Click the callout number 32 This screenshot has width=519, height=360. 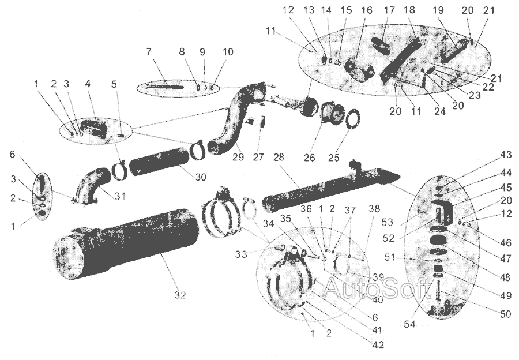tap(180, 295)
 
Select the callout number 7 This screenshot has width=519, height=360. tap(149, 52)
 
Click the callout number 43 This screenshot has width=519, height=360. tap(506, 155)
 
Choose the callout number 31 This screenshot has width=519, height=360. tap(119, 196)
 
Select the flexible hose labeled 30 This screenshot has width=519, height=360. tap(156, 164)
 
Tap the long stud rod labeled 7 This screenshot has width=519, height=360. tap(164, 87)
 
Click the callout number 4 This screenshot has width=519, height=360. tap(88, 84)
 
